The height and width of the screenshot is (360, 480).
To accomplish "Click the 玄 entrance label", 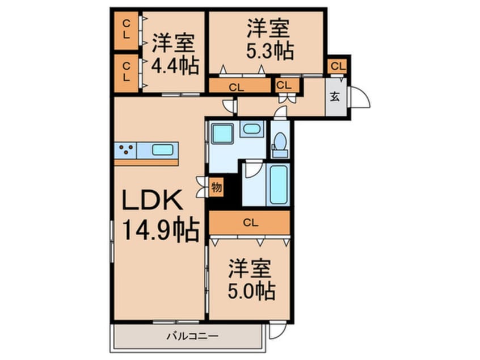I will coord(334,96).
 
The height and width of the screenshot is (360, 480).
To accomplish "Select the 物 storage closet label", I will coord(216,187).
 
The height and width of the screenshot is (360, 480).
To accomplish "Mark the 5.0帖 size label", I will coord(252,292).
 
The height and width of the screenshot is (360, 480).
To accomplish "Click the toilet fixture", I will coord(280,144).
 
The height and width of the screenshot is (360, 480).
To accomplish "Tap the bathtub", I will coord(278,184).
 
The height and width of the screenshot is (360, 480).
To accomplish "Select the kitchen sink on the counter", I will coord(162,150).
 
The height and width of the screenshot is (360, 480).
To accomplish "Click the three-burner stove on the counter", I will coord(126,150).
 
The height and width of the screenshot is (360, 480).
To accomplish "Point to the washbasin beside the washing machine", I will coord(250,129).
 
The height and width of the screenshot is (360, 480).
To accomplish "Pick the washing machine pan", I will coord(222,134).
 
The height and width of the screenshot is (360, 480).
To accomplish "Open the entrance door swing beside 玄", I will coord(359,97).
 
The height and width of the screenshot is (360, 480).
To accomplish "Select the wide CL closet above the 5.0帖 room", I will coord(250,223).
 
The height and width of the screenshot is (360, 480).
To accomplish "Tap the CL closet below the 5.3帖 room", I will coord(238,87).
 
